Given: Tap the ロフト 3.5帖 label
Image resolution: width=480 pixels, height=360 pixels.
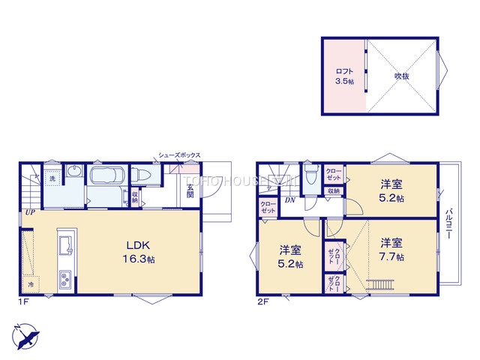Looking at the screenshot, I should (344, 76).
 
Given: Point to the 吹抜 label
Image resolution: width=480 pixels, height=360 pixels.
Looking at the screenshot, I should (402, 76).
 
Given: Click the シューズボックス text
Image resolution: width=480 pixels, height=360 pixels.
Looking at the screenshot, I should (179, 155).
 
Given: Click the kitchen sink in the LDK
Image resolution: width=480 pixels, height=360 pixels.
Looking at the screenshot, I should (63, 245).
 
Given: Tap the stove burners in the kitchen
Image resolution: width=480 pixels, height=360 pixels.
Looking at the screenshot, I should (64, 280).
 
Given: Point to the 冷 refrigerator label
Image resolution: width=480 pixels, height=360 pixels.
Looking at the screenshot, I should (31, 285).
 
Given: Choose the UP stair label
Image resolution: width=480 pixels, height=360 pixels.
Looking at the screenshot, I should (29, 212).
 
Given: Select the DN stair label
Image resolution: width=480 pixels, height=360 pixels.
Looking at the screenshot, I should (288, 199).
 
